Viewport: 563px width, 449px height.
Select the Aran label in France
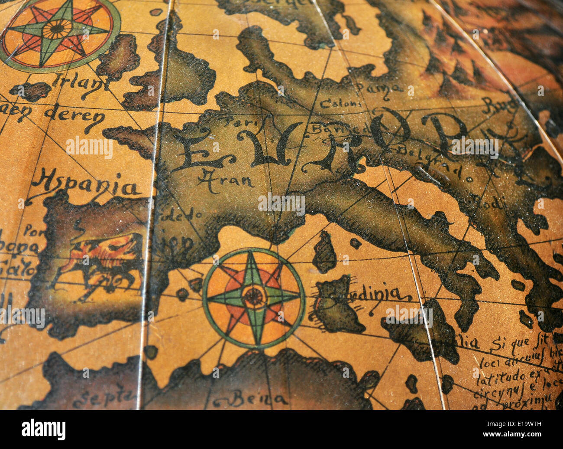pyautogui.click(x=225, y=177)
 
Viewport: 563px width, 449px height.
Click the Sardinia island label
pyautogui.click(x=372, y=295)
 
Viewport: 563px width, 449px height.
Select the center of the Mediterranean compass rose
pyautogui.click(x=254, y=298)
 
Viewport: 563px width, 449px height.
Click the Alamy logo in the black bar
pyautogui.click(x=43, y=429)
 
